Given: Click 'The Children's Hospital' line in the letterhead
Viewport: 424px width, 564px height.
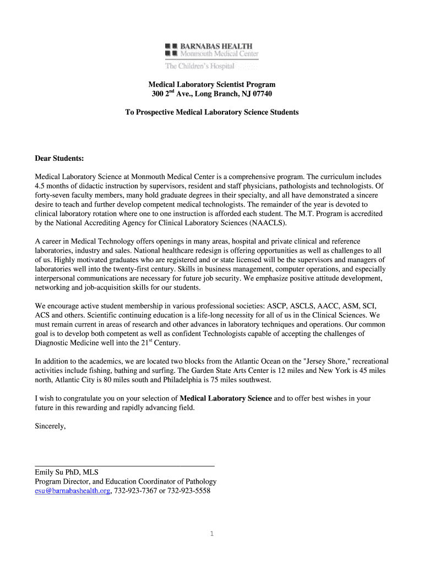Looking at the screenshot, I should pyautogui.click(x=200, y=66).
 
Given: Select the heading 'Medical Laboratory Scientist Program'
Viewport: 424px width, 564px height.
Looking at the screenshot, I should pyautogui.click(x=211, y=84).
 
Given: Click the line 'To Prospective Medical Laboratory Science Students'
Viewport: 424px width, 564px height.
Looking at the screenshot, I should pyautogui.click(x=211, y=112).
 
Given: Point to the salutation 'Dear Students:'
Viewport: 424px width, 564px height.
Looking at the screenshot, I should pyautogui.click(x=59, y=159).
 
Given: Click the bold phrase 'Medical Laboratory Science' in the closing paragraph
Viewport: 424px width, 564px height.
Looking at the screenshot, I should pyautogui.click(x=226, y=398).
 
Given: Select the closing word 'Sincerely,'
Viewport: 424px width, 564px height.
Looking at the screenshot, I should pyautogui.click(x=50, y=426).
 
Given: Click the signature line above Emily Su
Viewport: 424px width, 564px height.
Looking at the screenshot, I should pyautogui.click(x=124, y=466).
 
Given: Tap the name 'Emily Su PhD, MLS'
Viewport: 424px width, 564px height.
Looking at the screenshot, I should pyautogui.click(x=66, y=472).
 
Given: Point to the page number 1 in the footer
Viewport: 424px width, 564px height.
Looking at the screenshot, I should pyautogui.click(x=212, y=534).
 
